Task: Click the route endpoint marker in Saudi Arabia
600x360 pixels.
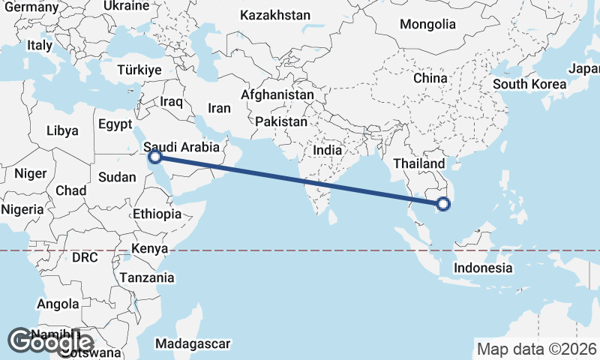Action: pos(155,157)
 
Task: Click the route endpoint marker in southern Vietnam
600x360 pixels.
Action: pos(443,202)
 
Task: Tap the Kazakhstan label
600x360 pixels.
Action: pos(274,15)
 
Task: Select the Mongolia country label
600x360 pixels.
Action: pos(427,25)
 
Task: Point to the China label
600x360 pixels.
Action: pos(430,78)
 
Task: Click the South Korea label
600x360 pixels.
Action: pos(529,84)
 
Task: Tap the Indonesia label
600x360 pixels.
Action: pos(484,268)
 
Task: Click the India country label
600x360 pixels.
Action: pos(327,150)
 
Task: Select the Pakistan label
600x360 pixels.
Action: pos(281,121)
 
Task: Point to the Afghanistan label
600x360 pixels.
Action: pos(277,95)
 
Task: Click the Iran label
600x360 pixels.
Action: pos(219,108)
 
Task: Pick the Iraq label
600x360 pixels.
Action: pos(172,101)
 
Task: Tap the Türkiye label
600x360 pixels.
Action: pos(139,70)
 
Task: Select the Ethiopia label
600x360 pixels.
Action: pos(157,214)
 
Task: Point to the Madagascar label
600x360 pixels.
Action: pos(192,344)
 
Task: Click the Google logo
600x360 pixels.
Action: pos(50,342)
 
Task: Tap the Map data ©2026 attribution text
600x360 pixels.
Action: pos(536,349)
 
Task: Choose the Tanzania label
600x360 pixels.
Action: pos(147,277)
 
